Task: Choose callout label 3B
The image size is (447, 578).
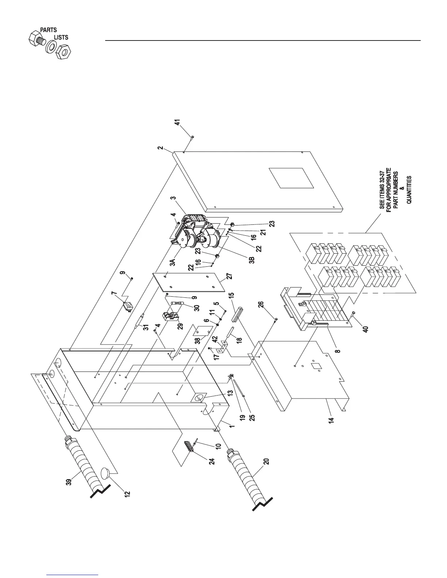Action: tap(251, 261)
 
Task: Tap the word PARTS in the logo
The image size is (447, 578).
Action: tap(48, 30)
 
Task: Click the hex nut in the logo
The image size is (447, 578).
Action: tap(64, 51)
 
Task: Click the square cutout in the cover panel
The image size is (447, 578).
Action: tap(291, 178)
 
